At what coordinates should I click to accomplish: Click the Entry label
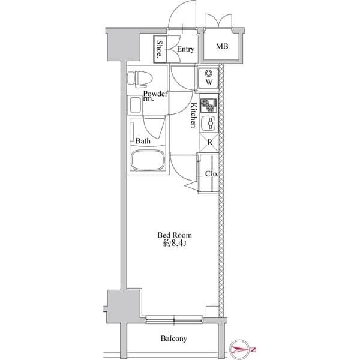pos(185,49)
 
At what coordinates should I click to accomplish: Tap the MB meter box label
pos(222,47)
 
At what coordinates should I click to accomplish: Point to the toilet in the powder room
pos(141,78)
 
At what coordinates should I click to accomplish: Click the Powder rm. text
pos(154,96)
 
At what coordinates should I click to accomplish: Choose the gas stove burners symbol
pos(209,105)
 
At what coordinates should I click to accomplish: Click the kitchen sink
pos(209,124)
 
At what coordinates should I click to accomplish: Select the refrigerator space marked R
pos(209,143)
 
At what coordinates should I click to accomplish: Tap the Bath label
pos(142,142)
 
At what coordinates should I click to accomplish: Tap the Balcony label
pos(173,338)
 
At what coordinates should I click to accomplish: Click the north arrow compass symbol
pos(243,348)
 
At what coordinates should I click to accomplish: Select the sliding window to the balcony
pos(174,319)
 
